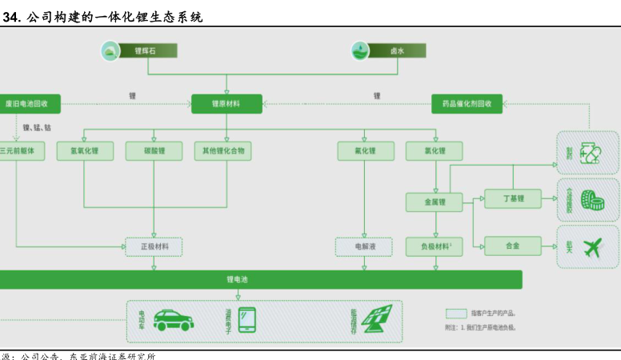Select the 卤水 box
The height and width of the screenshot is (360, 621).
[397, 51]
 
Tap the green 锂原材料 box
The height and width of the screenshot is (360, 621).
[226, 104]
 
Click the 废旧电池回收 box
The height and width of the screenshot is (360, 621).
[29, 104]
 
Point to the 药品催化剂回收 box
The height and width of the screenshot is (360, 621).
[467, 104]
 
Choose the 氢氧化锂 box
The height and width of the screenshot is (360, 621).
[85, 151]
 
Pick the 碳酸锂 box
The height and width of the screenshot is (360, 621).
[154, 151]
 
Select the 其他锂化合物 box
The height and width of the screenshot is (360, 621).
[222, 151]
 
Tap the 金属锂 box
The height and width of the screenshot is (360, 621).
[434, 202]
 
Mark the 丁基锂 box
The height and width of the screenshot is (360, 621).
[513, 198]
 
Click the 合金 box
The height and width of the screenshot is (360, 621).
[513, 246]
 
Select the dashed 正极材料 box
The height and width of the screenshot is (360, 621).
[154, 246]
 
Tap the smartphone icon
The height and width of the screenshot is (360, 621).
[246, 320]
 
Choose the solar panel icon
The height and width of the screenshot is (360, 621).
[376, 320]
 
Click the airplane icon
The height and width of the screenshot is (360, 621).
[593, 247]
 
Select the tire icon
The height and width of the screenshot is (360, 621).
[592, 200]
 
